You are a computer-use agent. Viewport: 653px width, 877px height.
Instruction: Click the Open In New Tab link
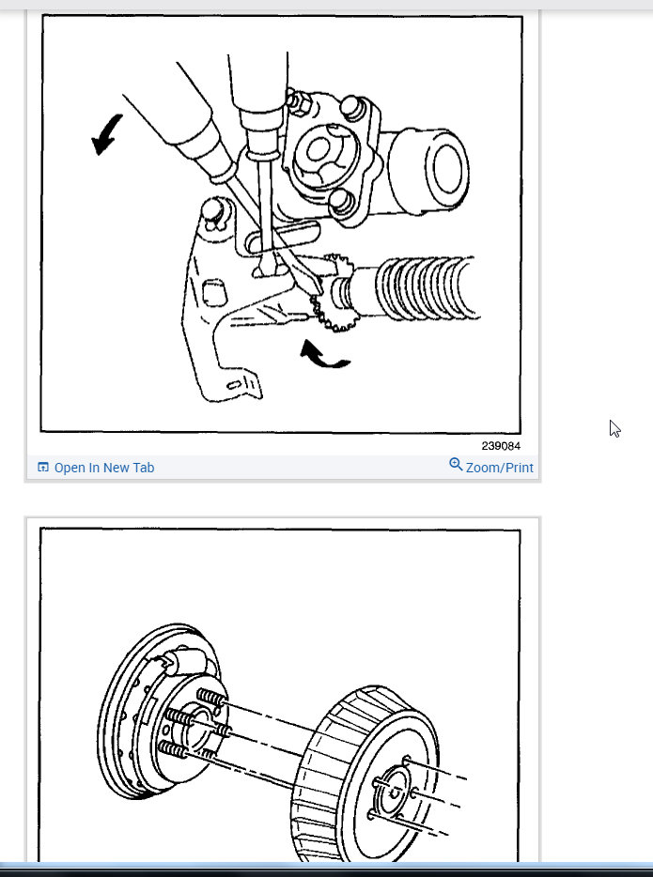(x=103, y=468)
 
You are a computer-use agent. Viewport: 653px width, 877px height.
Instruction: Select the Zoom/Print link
(x=499, y=468)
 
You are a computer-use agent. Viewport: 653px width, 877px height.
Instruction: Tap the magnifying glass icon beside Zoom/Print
(x=456, y=464)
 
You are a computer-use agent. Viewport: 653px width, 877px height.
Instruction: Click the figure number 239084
(x=500, y=446)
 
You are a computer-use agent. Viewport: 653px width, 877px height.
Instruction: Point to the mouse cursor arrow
(x=614, y=428)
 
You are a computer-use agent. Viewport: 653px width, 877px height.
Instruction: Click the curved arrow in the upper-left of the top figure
(x=107, y=133)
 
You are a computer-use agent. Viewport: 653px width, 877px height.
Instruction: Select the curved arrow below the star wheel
(x=323, y=355)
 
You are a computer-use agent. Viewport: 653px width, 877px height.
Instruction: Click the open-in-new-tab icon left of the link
(x=42, y=468)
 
